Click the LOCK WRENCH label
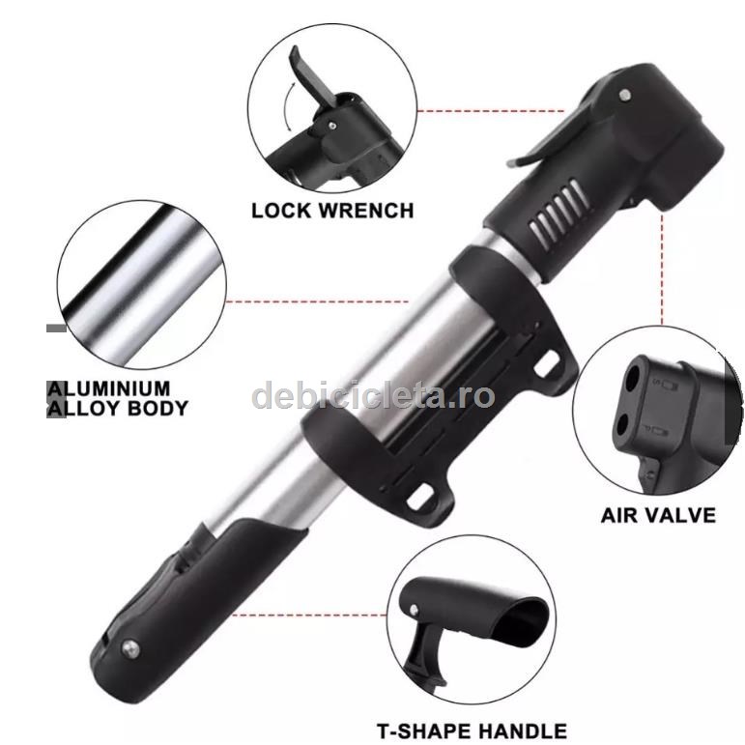(x=332, y=211)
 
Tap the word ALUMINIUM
(x=109, y=388)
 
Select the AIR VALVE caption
(x=658, y=516)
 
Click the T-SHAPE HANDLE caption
(x=472, y=731)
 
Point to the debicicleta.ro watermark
(x=373, y=395)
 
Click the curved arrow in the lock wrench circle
(x=288, y=107)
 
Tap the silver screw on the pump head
(x=626, y=95)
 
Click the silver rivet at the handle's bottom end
(x=130, y=648)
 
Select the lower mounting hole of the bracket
(x=421, y=497)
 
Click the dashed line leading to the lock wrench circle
(x=491, y=111)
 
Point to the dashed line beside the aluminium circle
(x=317, y=301)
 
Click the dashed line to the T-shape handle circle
(x=311, y=615)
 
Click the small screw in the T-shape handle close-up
(x=414, y=609)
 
